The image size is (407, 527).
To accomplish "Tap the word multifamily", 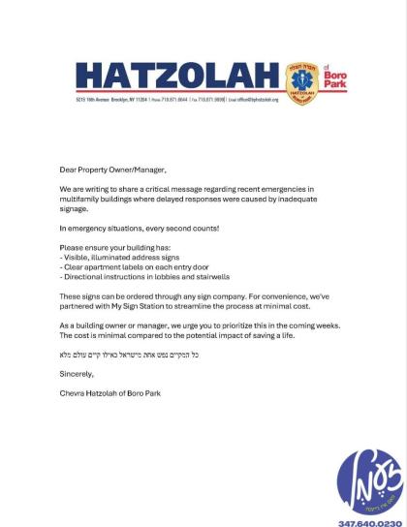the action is pyautogui.click(x=83, y=200).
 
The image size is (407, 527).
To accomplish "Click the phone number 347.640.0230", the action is pyautogui.click(x=369, y=522).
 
